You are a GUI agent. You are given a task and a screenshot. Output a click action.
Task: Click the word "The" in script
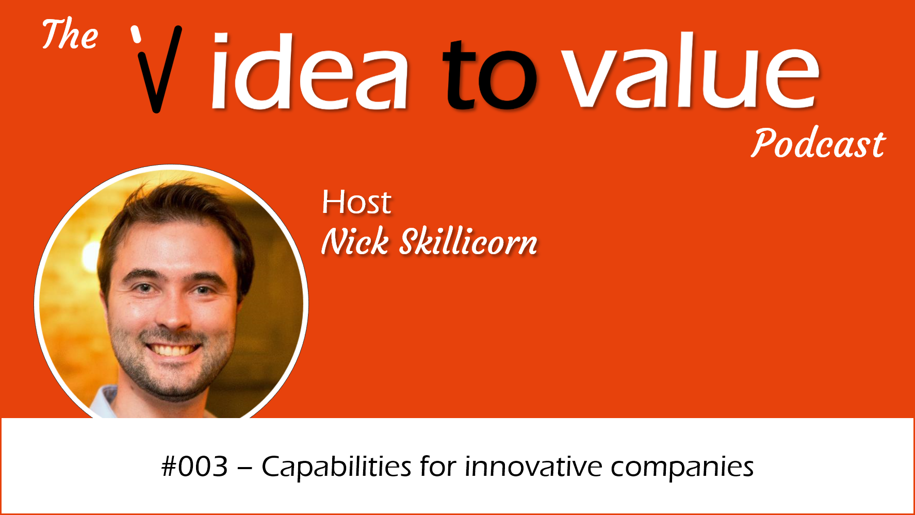(x=70, y=34)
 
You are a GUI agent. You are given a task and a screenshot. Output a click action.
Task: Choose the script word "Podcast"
(x=818, y=143)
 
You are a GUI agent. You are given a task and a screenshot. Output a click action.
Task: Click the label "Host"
(x=356, y=202)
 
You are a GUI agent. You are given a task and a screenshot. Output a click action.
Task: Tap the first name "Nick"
(x=355, y=241)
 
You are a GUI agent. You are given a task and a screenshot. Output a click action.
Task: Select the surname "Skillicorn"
(x=469, y=241)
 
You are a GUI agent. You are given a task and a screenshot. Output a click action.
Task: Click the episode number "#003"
(x=194, y=467)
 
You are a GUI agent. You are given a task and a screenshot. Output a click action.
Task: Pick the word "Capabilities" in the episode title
(x=336, y=468)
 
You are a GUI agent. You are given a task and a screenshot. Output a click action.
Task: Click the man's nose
(x=172, y=312)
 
